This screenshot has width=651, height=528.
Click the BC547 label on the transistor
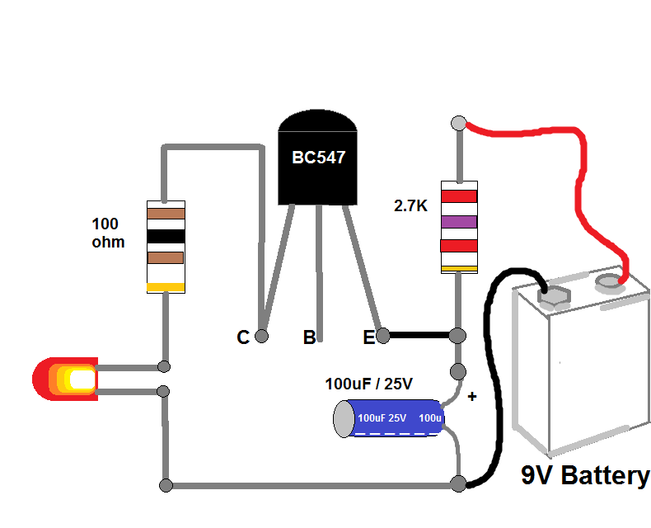(x=317, y=158)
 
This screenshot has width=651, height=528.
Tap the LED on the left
(x=66, y=379)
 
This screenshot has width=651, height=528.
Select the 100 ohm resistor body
(x=166, y=246)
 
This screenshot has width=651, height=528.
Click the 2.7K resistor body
(x=459, y=226)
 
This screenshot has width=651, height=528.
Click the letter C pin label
(x=242, y=337)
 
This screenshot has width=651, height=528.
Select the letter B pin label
(x=309, y=337)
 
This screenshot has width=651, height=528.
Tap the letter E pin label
(x=369, y=337)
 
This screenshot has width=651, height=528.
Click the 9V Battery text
(x=585, y=476)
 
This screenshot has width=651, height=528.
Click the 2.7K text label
(x=411, y=206)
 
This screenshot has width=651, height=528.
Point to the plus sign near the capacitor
(x=472, y=397)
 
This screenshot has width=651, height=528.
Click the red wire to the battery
(x=577, y=165)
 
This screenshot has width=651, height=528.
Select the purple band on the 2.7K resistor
(x=459, y=221)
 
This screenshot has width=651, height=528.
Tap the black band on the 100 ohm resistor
(x=166, y=236)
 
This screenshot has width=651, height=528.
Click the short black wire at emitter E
(x=419, y=336)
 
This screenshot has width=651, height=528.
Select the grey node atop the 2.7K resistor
(x=459, y=124)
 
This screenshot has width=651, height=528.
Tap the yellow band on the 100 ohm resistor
(x=166, y=287)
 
